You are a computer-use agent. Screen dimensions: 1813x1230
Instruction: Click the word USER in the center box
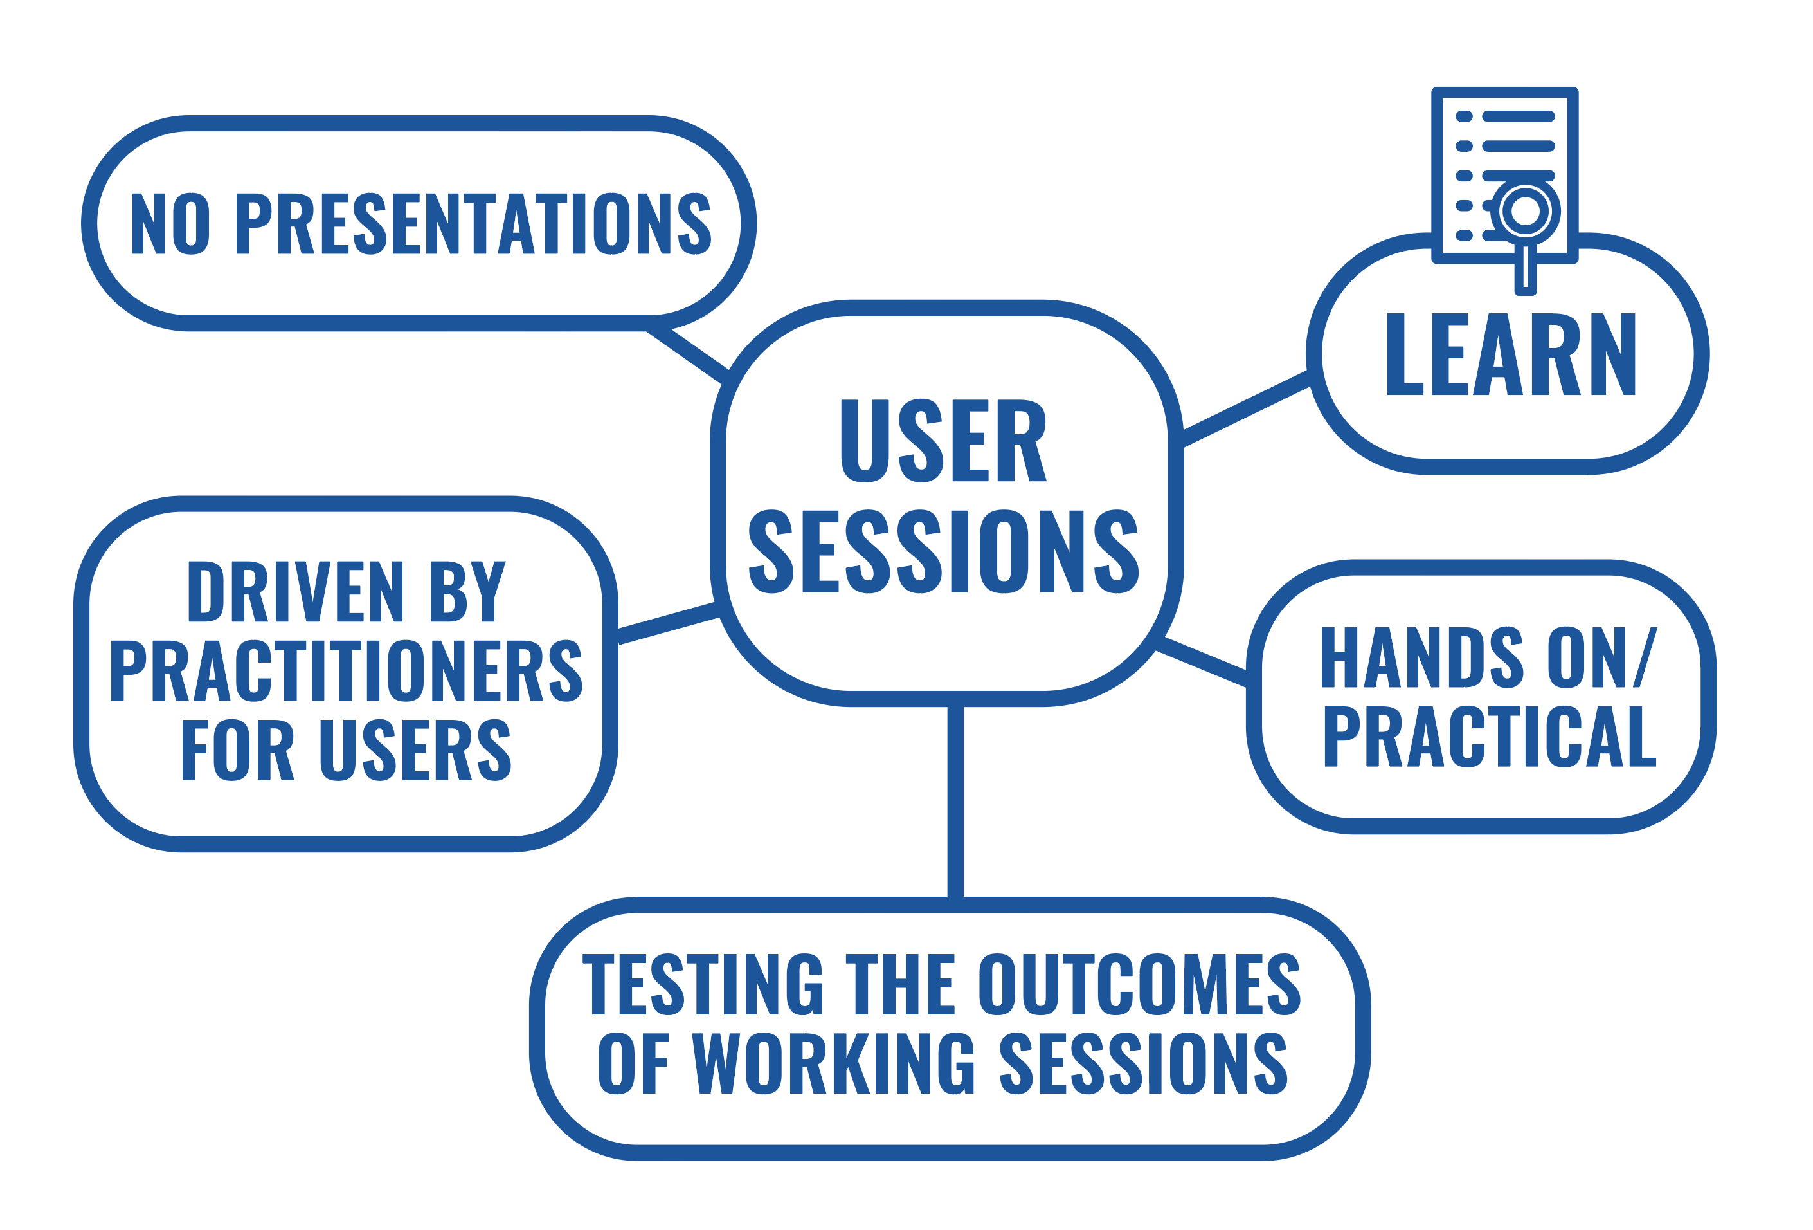(943, 441)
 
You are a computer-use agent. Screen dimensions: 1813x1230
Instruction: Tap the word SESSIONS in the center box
(943, 552)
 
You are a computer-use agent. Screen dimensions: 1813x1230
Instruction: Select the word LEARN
(1510, 354)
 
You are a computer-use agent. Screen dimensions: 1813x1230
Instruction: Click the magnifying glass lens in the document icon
(1525, 211)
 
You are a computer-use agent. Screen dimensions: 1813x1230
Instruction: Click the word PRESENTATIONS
(474, 223)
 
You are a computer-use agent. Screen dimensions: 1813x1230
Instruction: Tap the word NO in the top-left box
(171, 223)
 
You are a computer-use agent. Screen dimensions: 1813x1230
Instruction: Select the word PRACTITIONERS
(347, 671)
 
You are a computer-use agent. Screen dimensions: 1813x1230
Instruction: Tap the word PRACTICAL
(1488, 737)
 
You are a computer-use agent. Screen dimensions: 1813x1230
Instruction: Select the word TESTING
(702, 984)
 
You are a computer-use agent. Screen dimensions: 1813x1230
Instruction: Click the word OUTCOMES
(1140, 984)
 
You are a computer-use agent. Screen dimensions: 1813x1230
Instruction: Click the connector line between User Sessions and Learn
(1246, 409)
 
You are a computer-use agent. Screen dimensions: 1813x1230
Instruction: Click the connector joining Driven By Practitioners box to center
(668, 623)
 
